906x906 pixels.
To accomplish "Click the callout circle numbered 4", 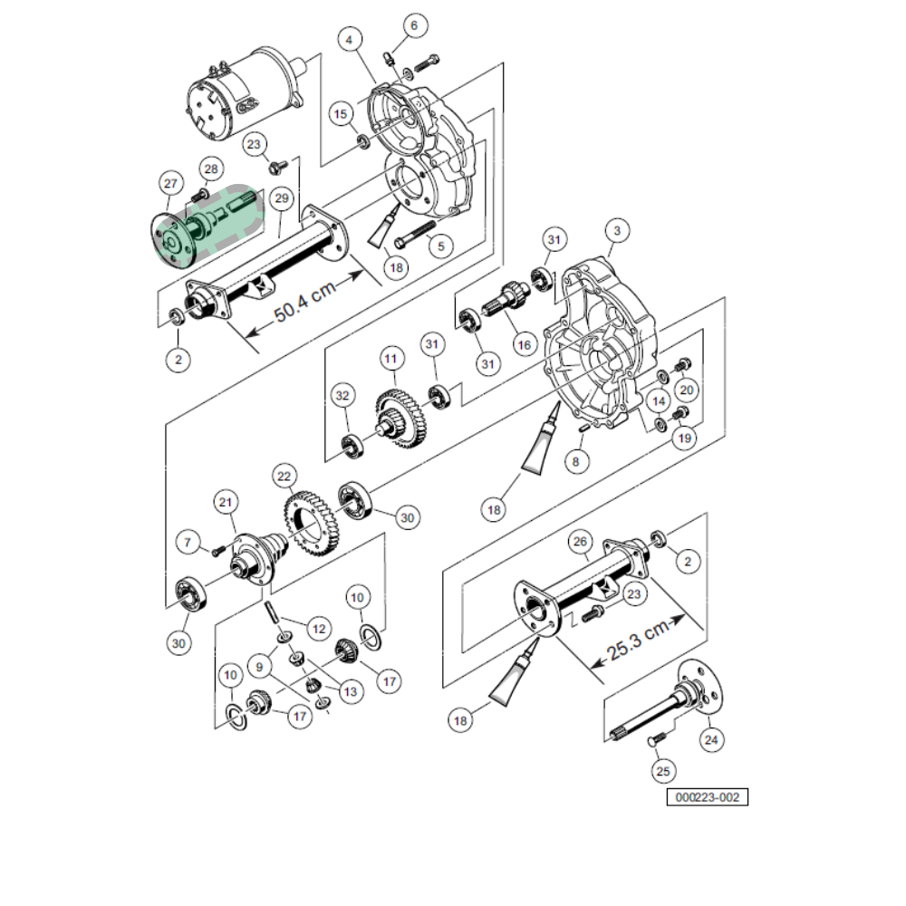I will point(351,40).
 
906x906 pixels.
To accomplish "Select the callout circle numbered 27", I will point(169,183).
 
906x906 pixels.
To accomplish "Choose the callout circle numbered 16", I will point(522,345).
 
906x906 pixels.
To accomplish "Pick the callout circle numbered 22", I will point(284,476).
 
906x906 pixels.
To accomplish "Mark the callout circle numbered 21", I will point(226,501).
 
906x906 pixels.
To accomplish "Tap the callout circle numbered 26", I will point(581,542).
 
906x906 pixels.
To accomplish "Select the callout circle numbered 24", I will point(711,740).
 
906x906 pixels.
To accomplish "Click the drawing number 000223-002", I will point(708,797).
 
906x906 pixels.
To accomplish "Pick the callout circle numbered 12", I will point(317,626).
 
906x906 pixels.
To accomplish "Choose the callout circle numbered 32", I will point(342,397).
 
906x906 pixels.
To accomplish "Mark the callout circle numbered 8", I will point(573,460).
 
